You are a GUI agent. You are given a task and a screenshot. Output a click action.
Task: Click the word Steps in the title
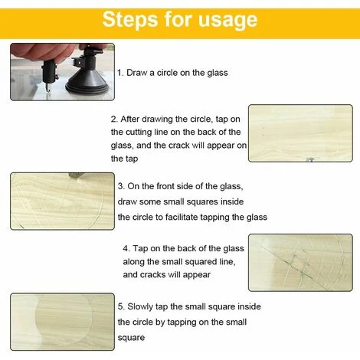[130, 20]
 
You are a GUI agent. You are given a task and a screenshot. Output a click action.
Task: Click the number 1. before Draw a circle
[120, 73]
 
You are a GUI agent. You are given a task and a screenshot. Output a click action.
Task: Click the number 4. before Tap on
[126, 249]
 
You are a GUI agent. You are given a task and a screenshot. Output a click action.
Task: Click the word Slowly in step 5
[140, 307]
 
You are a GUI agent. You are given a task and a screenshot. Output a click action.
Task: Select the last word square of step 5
[131, 338]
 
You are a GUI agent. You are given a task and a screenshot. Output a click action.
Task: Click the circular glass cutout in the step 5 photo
[64, 319]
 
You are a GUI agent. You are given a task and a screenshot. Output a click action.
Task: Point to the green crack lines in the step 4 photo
[299, 267]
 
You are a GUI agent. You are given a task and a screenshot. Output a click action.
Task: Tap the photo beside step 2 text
[300, 133]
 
